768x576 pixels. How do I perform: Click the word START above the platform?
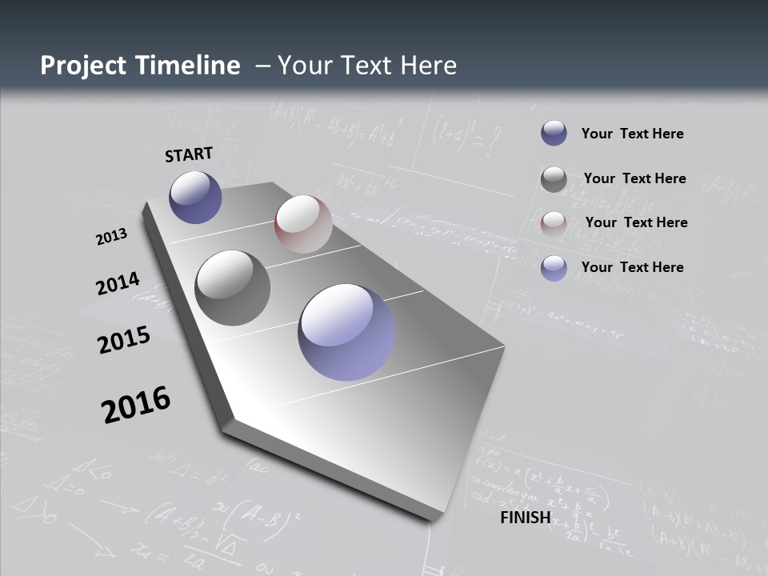(x=189, y=154)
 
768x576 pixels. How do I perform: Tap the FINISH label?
(x=526, y=518)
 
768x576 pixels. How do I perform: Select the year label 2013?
(x=112, y=237)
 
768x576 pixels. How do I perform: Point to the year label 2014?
(x=118, y=284)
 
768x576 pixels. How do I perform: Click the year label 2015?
(x=124, y=339)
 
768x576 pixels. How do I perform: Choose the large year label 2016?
(x=136, y=404)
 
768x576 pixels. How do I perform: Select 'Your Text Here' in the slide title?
(x=367, y=66)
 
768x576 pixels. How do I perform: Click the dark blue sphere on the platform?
(x=195, y=197)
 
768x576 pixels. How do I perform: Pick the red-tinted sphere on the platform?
(x=303, y=224)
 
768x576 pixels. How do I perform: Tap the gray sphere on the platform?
(x=233, y=288)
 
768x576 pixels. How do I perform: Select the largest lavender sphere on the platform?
(x=346, y=332)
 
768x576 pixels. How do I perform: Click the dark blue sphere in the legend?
(x=554, y=133)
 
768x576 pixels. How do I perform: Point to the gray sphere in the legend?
(x=554, y=179)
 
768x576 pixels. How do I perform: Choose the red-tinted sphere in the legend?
(x=554, y=224)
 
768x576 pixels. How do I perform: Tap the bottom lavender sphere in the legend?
(x=554, y=268)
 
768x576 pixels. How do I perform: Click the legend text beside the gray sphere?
(x=634, y=178)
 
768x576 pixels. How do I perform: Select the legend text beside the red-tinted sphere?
(x=636, y=222)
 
